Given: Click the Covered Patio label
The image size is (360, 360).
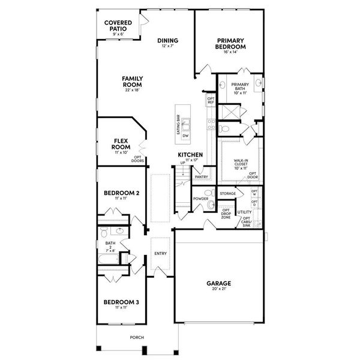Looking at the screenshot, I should click(x=118, y=26).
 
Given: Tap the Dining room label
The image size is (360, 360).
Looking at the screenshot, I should click(x=168, y=41).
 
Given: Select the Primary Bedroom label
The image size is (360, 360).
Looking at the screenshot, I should click(x=231, y=44).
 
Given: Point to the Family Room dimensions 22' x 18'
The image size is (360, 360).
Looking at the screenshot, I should click(x=132, y=91).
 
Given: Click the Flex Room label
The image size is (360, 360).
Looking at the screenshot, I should click(x=122, y=143).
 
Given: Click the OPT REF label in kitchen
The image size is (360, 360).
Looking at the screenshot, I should click(x=211, y=100).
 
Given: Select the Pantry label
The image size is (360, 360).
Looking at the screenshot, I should click(x=201, y=177).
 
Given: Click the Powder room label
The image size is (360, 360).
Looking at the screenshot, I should click(x=200, y=199).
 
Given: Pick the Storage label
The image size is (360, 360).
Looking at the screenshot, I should click(x=227, y=194).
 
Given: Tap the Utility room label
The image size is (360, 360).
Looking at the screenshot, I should click(x=244, y=212).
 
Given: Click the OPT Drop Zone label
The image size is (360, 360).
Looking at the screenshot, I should click(x=226, y=213).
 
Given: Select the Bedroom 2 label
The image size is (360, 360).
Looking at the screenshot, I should click(x=122, y=193).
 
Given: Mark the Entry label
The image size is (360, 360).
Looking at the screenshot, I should click(x=160, y=253).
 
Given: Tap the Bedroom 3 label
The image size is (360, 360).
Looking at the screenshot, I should click(x=122, y=302).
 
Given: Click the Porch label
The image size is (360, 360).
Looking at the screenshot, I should click(x=137, y=337).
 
